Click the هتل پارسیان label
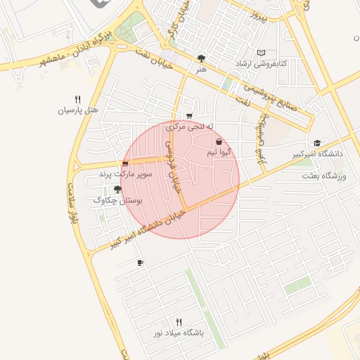tap(78, 111)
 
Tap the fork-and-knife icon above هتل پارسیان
tap(77, 100)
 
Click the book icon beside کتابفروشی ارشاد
tap(262, 53)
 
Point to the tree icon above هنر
tap(202, 58)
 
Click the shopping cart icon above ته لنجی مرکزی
tap(189, 116)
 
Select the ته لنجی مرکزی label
tap(189, 127)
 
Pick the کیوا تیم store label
tap(219, 152)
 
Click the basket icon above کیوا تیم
tap(219, 141)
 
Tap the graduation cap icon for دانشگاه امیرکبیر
tap(317, 143)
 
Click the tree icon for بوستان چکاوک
tap(117, 190)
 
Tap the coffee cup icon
tap(140, 263)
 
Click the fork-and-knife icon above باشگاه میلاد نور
tap(179, 321)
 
